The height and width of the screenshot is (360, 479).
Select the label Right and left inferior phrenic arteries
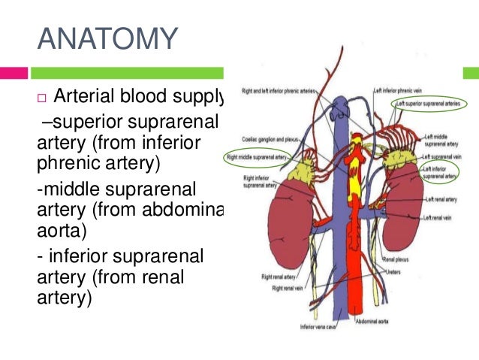tap(277, 92)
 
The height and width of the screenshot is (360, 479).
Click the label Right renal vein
tap(287, 288)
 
